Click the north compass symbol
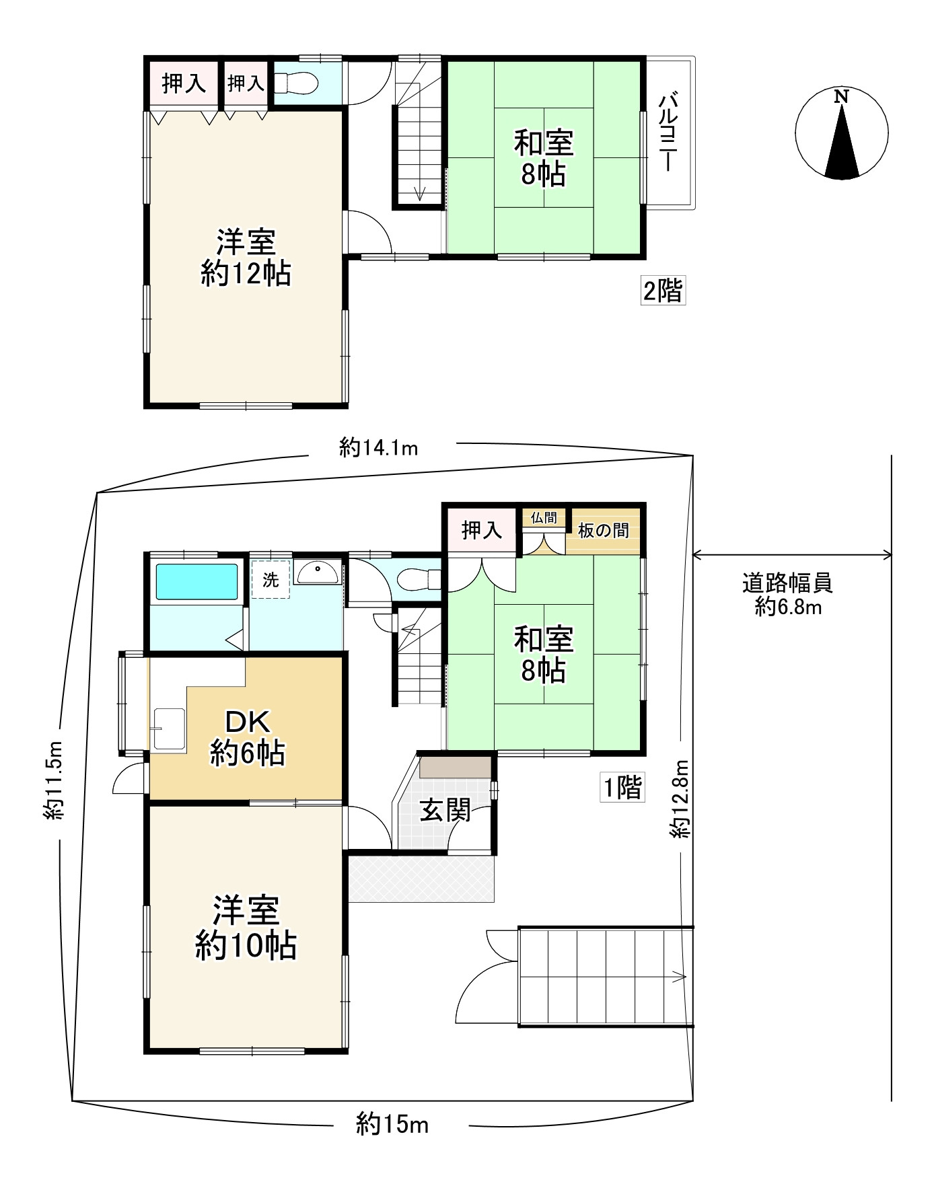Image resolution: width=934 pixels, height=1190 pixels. point(841,133)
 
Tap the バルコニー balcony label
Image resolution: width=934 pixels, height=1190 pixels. point(668,133)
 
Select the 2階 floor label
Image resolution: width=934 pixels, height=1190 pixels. point(663,291)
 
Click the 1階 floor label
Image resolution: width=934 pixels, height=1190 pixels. point(622,786)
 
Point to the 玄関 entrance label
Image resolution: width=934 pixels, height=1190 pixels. point(445,811)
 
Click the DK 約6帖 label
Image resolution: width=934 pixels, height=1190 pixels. point(247,738)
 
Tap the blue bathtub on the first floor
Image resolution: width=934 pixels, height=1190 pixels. point(197,582)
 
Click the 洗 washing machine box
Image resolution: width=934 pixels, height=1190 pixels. point(271,579)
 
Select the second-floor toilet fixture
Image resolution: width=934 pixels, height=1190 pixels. point(296,83)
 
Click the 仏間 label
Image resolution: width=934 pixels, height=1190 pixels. point(544,517)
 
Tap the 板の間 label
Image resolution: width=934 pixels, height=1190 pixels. point(603,530)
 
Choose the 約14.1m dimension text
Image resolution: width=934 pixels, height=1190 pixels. point(379,447)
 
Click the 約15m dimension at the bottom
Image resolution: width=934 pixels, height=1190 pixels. point(392,1123)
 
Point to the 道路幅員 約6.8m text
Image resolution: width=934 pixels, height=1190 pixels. point(787,594)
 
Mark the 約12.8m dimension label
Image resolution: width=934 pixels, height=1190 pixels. point(680,798)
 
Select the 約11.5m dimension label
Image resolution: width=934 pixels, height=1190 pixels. point(53,780)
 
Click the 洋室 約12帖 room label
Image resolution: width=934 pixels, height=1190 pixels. point(246,258)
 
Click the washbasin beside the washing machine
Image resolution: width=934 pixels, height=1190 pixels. point(318,574)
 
